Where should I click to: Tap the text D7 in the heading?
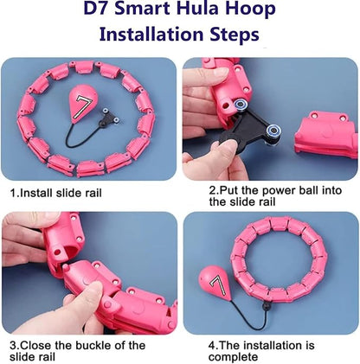point(96,8)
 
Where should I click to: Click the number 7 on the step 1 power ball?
point(82,107)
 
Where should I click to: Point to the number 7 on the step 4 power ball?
point(218,285)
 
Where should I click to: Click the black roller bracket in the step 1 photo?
point(108,118)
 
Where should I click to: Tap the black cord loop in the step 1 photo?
point(80,137)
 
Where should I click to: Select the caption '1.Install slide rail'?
point(56,193)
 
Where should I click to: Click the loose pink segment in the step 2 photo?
point(326,135)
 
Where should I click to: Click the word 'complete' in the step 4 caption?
point(233,357)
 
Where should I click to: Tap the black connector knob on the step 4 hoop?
point(266,306)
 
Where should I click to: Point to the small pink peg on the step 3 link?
point(67,268)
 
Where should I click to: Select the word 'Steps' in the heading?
point(235,35)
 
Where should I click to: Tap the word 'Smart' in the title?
point(141,8)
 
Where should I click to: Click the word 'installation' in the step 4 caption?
point(270,346)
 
